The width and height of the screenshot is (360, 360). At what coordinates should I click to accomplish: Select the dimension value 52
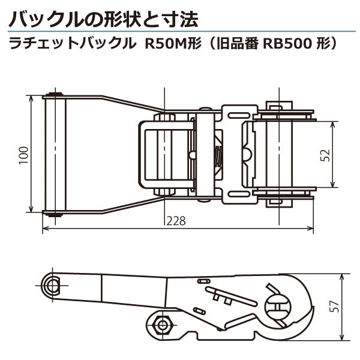325,155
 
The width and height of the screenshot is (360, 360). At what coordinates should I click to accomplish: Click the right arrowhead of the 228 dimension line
311,229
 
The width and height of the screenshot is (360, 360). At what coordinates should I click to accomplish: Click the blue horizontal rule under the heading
180,30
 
